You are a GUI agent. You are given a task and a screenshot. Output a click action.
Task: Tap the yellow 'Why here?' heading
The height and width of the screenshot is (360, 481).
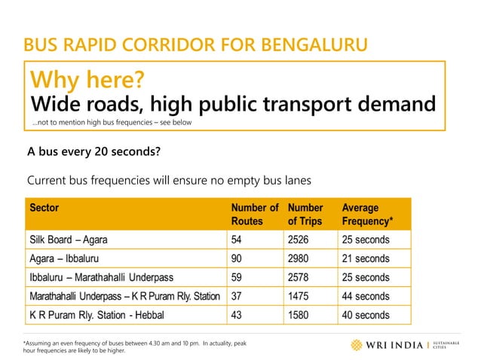click(86, 79)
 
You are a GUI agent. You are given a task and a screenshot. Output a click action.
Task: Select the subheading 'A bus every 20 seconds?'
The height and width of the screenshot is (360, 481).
click(93, 152)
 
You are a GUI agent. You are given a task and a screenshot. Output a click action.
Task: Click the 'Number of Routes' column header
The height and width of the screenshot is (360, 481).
click(254, 214)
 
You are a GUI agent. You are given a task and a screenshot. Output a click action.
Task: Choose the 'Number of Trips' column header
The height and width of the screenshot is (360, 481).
click(305, 214)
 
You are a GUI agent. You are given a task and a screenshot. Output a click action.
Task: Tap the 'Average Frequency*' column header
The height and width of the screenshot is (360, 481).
click(366, 214)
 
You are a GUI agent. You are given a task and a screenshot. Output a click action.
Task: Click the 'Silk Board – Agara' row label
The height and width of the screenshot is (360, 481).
click(69, 240)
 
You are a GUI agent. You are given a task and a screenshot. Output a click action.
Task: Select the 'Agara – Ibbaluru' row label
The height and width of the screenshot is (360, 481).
click(64, 258)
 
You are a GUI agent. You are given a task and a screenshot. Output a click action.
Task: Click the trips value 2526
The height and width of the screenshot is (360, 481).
click(300, 240)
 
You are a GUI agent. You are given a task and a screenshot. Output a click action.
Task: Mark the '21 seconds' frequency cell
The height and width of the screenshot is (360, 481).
click(366, 258)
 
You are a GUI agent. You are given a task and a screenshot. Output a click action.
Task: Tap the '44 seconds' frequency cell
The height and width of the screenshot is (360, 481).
click(366, 296)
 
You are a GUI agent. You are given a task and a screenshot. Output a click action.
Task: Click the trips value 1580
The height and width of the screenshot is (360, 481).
click(300, 314)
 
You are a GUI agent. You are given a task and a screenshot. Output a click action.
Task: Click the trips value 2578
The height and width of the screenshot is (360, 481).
click(300, 277)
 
